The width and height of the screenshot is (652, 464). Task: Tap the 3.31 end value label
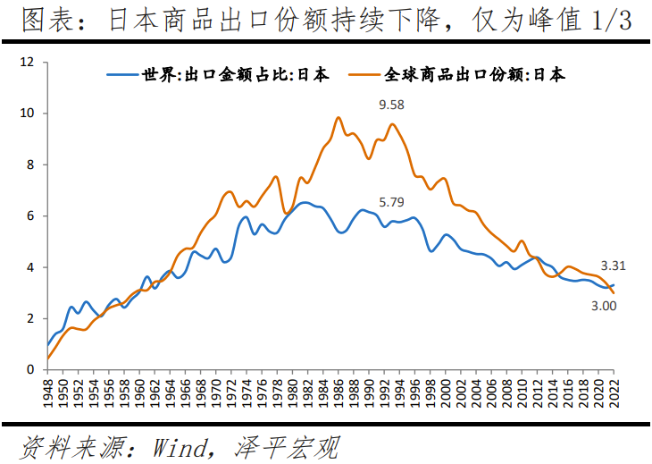coord(613,266)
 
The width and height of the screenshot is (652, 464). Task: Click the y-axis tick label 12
coord(26,63)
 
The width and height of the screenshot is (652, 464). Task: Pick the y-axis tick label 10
coord(26,114)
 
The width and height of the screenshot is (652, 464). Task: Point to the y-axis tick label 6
coord(29,216)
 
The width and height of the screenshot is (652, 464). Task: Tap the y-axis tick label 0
coord(29,369)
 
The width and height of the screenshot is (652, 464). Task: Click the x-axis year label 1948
coord(47,392)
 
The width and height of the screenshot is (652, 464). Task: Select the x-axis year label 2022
coord(614,392)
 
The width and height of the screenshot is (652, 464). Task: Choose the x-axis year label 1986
coord(339,392)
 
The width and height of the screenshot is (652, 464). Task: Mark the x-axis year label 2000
coord(446,392)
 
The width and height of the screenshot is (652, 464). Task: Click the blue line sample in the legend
coord(121,75)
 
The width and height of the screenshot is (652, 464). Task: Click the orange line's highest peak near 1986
coord(339,117)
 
